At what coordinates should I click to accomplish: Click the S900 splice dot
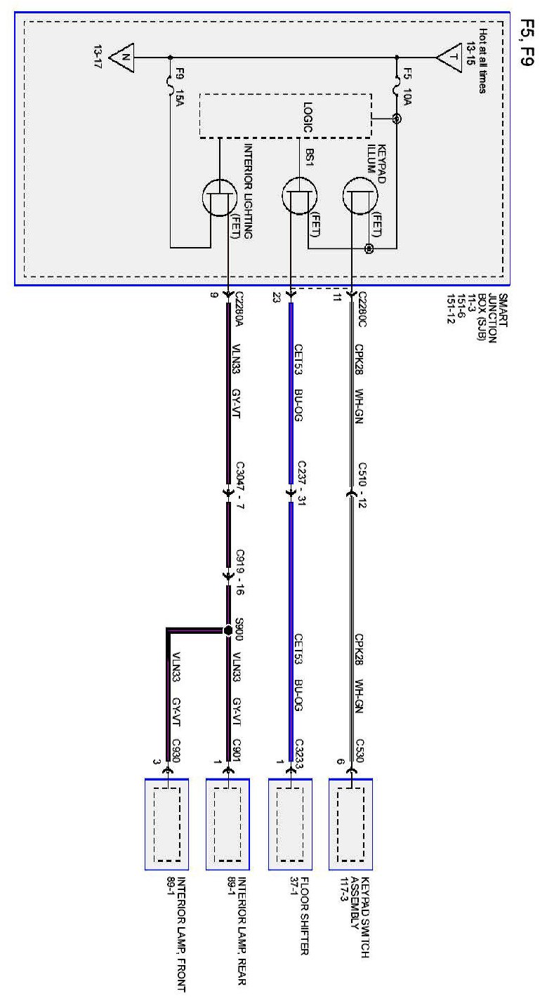click(228, 630)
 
